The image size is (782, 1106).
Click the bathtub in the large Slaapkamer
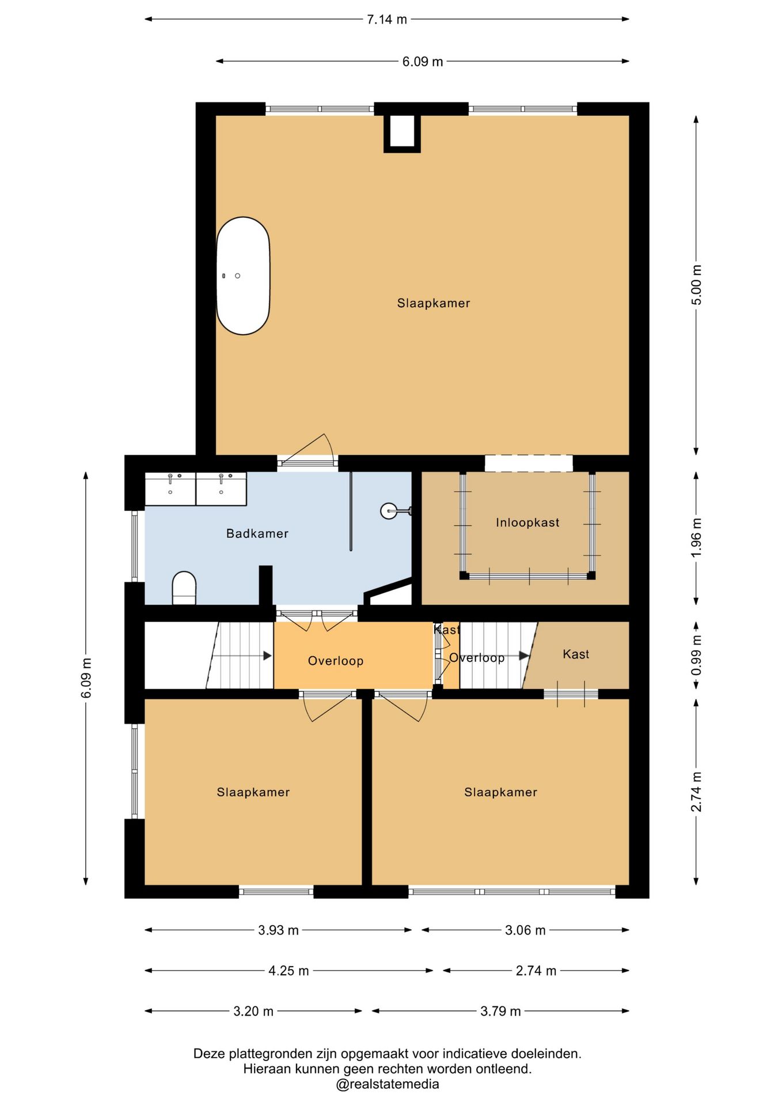click(x=243, y=276)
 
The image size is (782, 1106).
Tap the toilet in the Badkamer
click(x=184, y=588)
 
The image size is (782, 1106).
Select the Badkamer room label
click(x=257, y=533)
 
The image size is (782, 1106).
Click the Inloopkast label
click(x=527, y=522)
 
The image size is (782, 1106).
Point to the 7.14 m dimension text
click(x=387, y=19)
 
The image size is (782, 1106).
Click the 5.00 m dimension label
click(x=697, y=285)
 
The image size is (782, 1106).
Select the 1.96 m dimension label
click(x=697, y=537)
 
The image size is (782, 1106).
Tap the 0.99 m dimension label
click(x=697, y=656)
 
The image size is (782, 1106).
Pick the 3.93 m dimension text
click(x=278, y=930)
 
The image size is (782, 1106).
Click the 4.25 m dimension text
click(x=288, y=971)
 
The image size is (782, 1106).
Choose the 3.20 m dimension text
click(x=253, y=1011)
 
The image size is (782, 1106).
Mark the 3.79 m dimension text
click(x=500, y=1011)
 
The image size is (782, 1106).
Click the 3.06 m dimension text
click(x=525, y=930)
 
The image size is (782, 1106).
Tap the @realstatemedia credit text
click(x=388, y=1084)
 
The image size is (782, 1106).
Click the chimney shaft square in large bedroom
click(x=402, y=134)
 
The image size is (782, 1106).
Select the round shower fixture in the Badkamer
click(x=389, y=510)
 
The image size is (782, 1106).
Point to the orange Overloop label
click(x=336, y=661)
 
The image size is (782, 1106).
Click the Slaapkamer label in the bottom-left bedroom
click(x=253, y=792)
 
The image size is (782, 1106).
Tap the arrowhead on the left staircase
click(x=267, y=656)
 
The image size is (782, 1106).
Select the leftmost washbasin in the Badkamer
click(x=170, y=489)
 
